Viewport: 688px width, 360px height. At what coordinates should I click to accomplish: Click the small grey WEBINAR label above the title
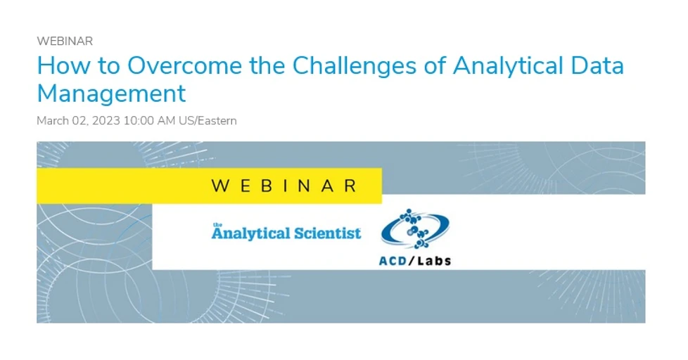tap(65, 41)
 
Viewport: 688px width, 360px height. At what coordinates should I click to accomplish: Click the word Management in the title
tap(111, 93)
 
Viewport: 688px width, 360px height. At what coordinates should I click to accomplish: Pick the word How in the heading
tap(58, 65)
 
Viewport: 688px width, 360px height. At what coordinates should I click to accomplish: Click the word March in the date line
tap(53, 121)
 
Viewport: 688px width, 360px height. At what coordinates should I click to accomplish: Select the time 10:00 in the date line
tap(139, 121)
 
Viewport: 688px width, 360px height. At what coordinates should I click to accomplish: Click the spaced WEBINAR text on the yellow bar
tap(284, 186)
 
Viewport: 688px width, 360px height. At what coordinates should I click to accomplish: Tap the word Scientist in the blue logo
tap(326, 233)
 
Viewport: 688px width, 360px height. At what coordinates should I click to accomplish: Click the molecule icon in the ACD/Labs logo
tap(414, 229)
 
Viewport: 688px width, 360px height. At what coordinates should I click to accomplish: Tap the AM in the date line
tap(167, 121)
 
